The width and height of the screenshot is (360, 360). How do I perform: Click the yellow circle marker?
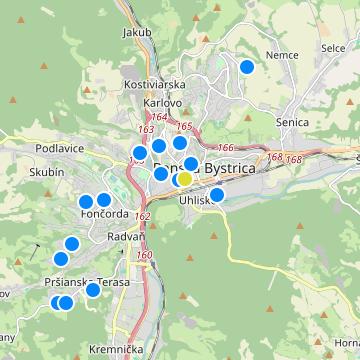click(185, 179)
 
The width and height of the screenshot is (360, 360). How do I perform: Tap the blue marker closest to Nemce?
click(247, 67)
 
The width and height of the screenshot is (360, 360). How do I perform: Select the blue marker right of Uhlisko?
click(217, 195)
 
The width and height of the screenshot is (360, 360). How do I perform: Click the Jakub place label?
click(138, 33)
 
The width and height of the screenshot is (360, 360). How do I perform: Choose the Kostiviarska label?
click(150, 85)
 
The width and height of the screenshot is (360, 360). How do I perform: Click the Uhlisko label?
click(196, 201)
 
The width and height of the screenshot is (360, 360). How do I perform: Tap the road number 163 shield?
click(146, 129)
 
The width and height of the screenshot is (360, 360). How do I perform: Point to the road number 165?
click(183, 126)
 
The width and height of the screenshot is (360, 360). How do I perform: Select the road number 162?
click(142, 216)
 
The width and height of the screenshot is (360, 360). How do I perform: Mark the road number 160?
click(145, 255)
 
